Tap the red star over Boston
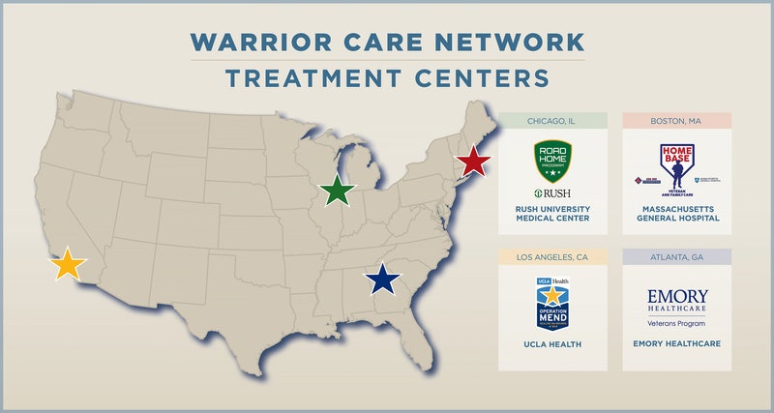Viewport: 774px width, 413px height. coord(472,161)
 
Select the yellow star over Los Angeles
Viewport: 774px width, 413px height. coord(67,263)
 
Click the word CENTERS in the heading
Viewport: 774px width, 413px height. coord(482,77)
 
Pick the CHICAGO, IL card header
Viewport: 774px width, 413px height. coord(552,122)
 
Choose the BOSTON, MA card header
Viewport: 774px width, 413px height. coord(676,122)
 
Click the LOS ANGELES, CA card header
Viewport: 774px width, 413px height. coord(552,257)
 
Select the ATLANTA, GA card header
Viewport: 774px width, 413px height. coord(676,257)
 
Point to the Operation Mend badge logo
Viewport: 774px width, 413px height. coord(552,302)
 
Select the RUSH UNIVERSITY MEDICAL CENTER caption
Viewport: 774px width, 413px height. coord(552,213)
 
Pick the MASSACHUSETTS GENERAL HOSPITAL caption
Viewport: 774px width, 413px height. coord(676,213)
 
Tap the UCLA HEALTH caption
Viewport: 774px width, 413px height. coord(552,344)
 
